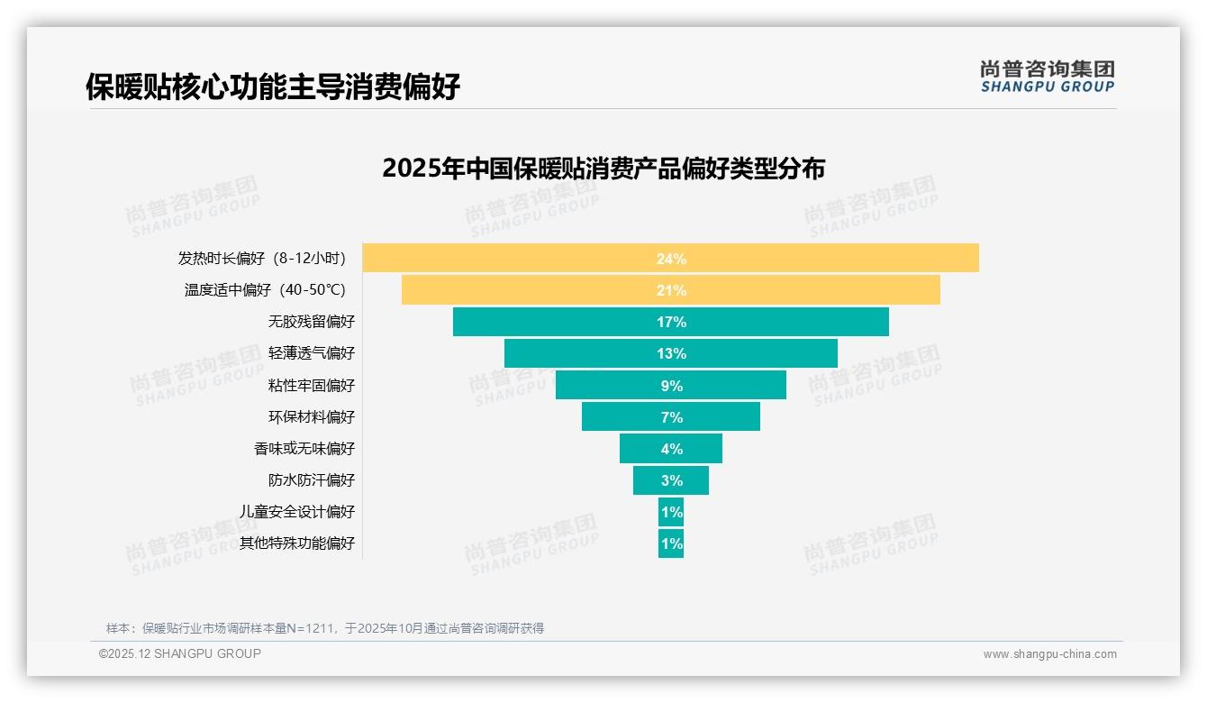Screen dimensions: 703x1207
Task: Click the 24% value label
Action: (671, 259)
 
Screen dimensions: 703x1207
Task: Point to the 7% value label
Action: (671, 417)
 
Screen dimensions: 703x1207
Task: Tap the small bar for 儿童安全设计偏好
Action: (671, 512)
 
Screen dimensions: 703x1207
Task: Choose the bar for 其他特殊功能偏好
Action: (671, 543)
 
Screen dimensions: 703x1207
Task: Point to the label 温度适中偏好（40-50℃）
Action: (266, 290)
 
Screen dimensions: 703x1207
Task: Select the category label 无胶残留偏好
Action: (312, 322)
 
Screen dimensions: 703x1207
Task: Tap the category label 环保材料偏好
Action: (312, 417)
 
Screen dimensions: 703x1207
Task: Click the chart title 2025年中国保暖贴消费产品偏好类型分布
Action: (603, 169)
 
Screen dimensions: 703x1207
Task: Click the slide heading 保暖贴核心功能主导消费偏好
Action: (273, 87)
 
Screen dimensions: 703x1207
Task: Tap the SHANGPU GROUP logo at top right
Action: (1047, 77)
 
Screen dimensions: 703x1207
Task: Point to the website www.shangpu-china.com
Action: (1049, 654)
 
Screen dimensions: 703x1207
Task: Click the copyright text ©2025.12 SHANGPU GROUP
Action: (180, 653)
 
